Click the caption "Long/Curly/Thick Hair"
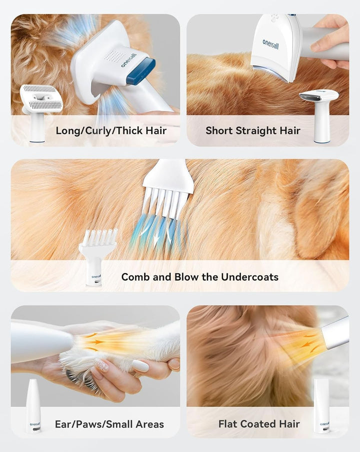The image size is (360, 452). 111,131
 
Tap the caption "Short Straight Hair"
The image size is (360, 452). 252,131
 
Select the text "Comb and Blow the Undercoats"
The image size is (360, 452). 199,277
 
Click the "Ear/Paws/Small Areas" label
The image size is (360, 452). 109,424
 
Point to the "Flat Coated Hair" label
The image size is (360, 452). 259,424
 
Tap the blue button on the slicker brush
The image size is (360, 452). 140,71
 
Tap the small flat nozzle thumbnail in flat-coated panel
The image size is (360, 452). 321,405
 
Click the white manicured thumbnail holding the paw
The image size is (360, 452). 140,366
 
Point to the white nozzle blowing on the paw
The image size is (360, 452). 42,342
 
